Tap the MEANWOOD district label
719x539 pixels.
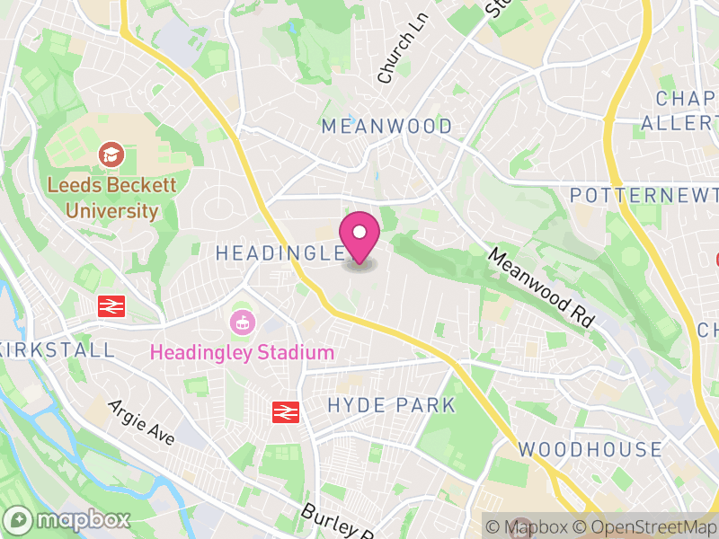(x=387, y=127)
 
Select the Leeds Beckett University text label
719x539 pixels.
(x=112, y=198)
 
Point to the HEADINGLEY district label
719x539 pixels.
(x=280, y=254)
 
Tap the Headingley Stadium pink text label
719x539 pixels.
(x=242, y=352)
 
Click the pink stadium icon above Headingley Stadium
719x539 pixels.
(x=242, y=320)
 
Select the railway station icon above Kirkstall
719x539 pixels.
(x=111, y=306)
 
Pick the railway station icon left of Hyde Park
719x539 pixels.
(x=286, y=411)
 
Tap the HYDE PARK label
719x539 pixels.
(x=392, y=405)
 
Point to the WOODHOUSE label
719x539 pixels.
(x=590, y=450)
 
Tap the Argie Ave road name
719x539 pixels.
(x=141, y=421)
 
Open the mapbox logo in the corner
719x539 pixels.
(x=68, y=520)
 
